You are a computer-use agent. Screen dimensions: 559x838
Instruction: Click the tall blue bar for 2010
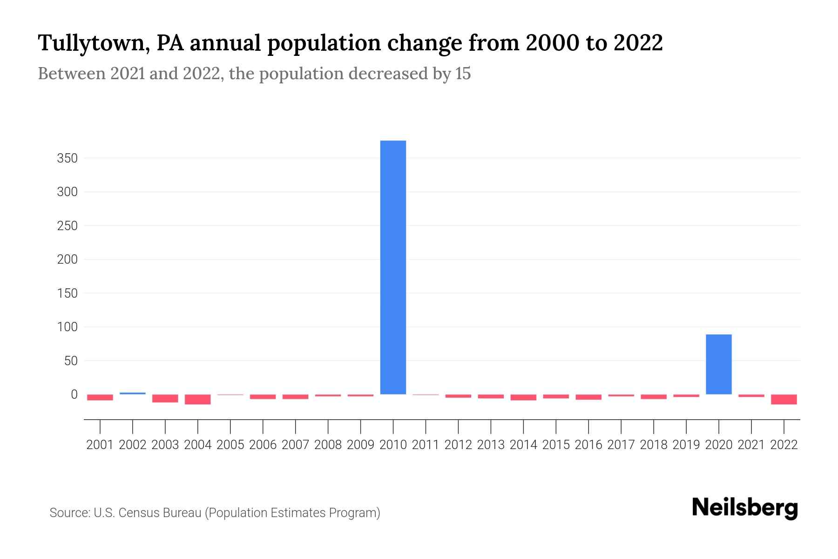pos(393,267)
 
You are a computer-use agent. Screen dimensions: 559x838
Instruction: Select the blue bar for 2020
pos(718,364)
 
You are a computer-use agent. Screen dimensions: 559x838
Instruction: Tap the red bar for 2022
pos(784,399)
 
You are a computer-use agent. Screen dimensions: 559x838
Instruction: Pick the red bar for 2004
pos(198,399)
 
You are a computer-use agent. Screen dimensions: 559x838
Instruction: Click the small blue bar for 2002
pos(133,393)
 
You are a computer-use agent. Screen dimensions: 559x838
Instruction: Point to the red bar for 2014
pos(523,397)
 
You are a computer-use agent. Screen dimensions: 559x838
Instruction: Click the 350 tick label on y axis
pos(67,158)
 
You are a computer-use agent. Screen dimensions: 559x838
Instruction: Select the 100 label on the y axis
pos(67,327)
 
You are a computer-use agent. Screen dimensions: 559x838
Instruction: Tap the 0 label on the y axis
pos(74,395)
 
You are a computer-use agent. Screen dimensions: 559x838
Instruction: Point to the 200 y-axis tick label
pos(67,259)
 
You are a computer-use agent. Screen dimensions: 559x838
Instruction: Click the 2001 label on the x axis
pos(100,445)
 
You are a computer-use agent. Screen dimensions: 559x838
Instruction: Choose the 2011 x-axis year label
pos(426,445)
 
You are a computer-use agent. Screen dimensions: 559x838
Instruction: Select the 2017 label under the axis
pos(621,445)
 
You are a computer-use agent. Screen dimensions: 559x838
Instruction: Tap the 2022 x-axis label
pos(784,445)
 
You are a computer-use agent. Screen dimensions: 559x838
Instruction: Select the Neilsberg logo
pos(745,508)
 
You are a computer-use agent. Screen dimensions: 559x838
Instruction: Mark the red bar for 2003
pos(165,398)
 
